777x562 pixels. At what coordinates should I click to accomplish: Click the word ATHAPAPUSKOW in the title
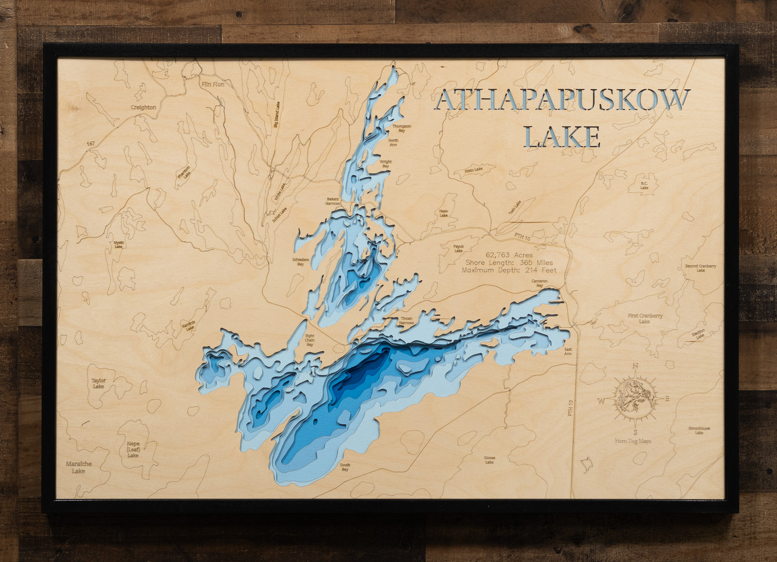coord(563,100)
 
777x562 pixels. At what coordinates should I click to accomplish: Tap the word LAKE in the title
coord(562,137)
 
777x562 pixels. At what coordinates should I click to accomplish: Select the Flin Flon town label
coord(213,84)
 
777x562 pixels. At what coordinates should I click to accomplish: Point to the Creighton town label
coord(143,107)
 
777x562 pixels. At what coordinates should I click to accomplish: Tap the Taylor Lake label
coord(98,383)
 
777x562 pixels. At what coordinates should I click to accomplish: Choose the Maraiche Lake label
coord(79,467)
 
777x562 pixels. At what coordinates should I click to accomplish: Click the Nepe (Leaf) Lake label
coord(133,450)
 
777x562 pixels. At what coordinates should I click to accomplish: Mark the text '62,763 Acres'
coord(509,255)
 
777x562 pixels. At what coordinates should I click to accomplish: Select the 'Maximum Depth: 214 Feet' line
coord(509,270)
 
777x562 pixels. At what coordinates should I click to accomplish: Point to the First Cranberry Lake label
coord(645,319)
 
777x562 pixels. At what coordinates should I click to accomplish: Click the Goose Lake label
coord(490,459)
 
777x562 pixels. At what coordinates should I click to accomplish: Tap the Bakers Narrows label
coord(333,201)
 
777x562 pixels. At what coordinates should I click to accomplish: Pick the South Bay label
coord(345,467)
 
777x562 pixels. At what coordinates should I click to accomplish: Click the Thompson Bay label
coord(401,128)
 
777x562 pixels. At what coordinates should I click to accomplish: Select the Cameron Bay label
coord(539,283)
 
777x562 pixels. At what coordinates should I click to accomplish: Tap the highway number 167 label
coord(91,143)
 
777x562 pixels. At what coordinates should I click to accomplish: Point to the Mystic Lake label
coord(119,244)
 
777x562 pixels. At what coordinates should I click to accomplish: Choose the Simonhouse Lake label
coord(699,430)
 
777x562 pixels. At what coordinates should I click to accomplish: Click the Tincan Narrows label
coord(407,321)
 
